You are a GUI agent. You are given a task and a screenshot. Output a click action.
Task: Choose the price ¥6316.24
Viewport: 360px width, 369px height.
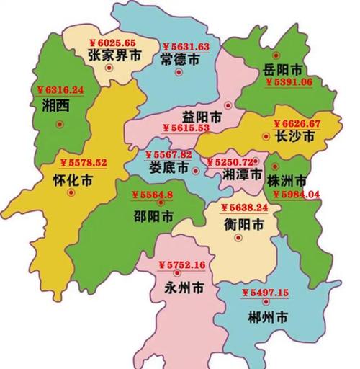coord(60,90)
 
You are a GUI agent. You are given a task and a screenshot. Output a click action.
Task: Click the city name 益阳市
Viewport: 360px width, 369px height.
coord(202,115)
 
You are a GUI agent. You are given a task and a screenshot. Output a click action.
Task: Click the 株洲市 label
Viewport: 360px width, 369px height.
coord(287,179)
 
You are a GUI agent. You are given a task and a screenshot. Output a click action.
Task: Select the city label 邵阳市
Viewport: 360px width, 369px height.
coord(153,215)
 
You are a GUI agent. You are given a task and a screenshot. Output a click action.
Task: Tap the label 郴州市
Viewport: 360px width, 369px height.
coord(267,316)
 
